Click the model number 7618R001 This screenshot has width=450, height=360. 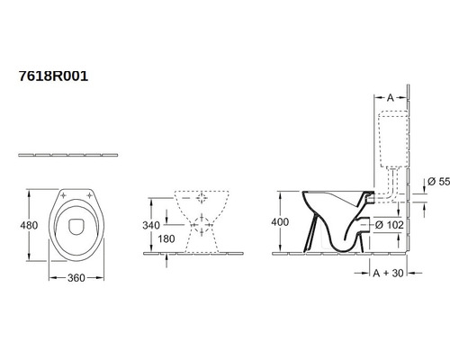53,76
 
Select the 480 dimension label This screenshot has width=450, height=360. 29,225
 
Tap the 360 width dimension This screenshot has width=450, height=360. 76,278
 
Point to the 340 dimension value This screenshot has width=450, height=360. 151,225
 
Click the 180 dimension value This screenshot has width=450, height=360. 166,238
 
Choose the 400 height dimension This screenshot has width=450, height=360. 280,222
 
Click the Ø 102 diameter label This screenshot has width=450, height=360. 390,225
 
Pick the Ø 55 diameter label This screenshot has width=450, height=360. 438,182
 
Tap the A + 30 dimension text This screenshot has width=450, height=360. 388,273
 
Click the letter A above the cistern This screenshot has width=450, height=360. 390,98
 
